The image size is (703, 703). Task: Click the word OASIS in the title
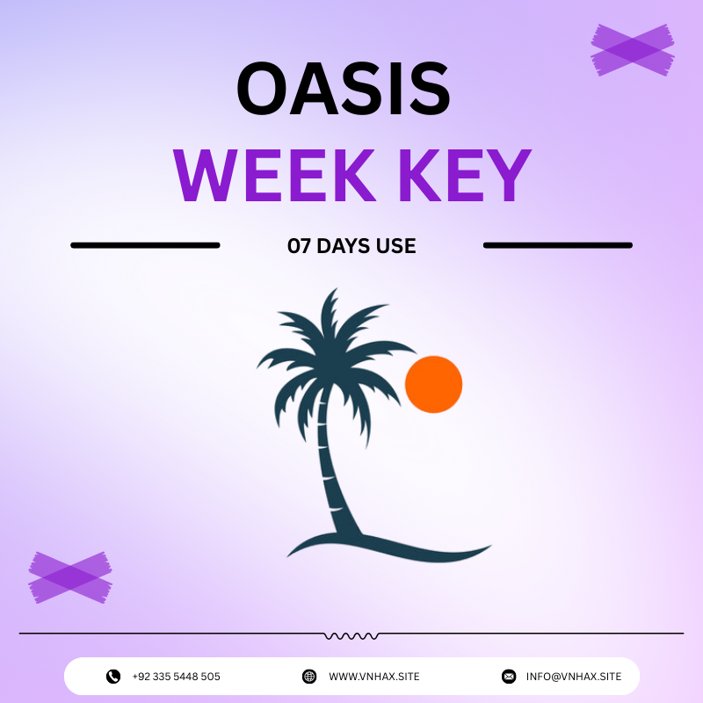point(343,90)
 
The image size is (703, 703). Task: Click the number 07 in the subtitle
point(300,247)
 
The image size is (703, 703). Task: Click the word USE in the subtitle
point(398,247)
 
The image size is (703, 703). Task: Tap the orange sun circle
point(434,384)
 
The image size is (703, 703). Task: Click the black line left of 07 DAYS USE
point(145,245)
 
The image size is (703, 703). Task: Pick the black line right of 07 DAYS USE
point(558,245)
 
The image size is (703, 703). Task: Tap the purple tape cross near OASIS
point(633,49)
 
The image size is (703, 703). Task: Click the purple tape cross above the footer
point(70,576)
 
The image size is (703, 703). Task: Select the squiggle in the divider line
point(351,634)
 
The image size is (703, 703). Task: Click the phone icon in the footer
point(113,677)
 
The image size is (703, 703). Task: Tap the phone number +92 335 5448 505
point(176,677)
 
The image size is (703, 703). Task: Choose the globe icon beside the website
point(309,677)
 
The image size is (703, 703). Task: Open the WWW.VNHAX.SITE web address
point(374,677)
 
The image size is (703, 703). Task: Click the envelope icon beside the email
point(509,677)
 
